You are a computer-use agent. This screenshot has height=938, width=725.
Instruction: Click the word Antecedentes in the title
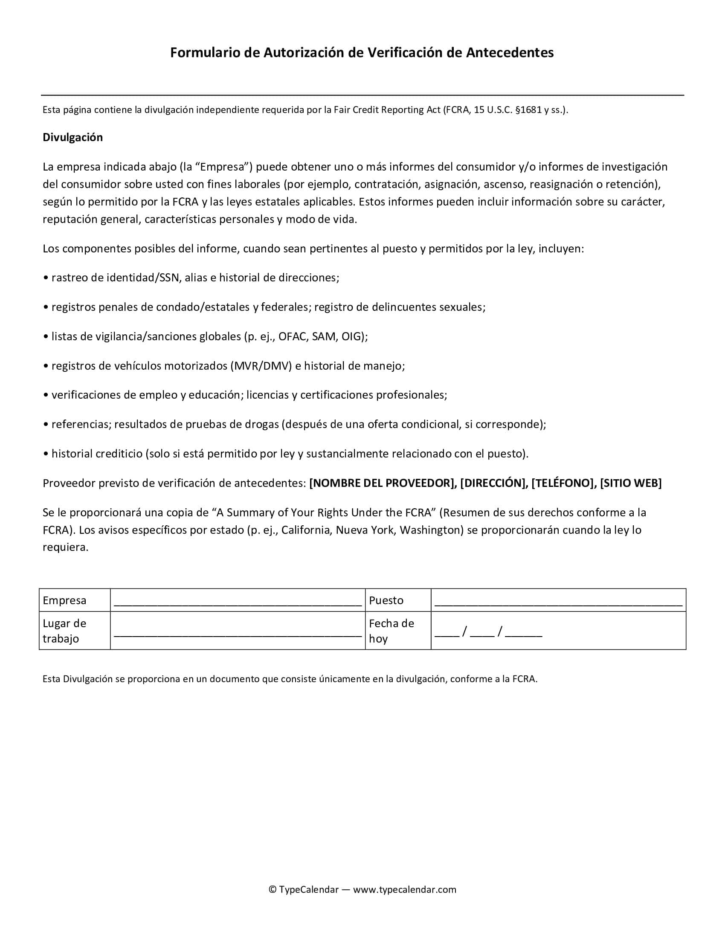(510, 52)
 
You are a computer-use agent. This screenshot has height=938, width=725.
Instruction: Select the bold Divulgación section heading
(72, 137)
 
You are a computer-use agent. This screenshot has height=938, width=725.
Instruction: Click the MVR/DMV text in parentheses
(262, 366)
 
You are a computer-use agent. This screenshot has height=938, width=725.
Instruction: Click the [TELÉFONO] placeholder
(563, 483)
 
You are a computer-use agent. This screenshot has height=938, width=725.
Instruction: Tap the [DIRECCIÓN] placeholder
(493, 483)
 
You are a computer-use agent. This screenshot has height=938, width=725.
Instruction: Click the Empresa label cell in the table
(64, 600)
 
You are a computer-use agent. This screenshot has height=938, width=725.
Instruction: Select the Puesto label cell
(386, 600)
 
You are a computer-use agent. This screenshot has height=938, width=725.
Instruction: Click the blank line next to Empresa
(238, 603)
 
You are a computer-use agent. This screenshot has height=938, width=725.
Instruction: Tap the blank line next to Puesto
(558, 603)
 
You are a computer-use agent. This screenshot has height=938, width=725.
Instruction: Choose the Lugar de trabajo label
(64, 631)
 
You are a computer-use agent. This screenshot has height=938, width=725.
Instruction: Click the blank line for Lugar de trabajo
(238, 634)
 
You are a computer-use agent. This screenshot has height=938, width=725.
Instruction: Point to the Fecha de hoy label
(391, 631)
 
